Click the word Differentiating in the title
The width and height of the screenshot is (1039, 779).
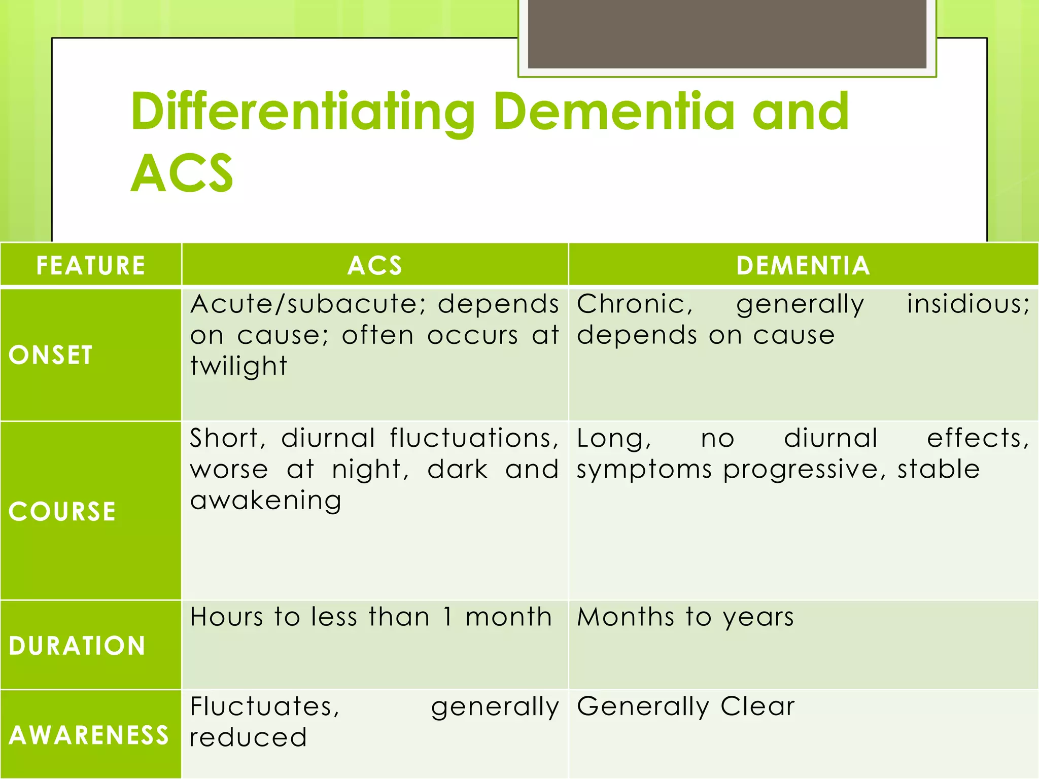pos(302,113)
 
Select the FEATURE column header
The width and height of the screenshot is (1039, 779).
pos(91,265)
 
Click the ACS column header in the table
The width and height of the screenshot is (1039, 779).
pos(375,265)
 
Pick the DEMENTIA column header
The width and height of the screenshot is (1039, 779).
pos(803,265)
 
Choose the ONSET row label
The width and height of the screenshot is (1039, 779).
pos(51,355)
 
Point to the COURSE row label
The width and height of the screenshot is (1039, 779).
pos(62,511)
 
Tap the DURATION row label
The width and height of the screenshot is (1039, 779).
pos(77,645)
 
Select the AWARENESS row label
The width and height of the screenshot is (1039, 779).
pos(89,735)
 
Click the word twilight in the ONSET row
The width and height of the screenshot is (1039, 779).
pos(238,366)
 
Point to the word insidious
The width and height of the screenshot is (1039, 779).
pos(968,304)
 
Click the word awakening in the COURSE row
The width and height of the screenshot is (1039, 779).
pos(265,501)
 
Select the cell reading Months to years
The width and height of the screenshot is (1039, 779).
pos(685,617)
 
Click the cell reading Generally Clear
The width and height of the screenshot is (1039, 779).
pos(685,706)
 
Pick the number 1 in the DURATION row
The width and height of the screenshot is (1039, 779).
pos(447,617)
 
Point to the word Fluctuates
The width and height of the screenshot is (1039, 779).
pos(264,706)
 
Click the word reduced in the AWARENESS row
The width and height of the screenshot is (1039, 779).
pos(248,737)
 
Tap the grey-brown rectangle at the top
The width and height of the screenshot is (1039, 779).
pos(727,33)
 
